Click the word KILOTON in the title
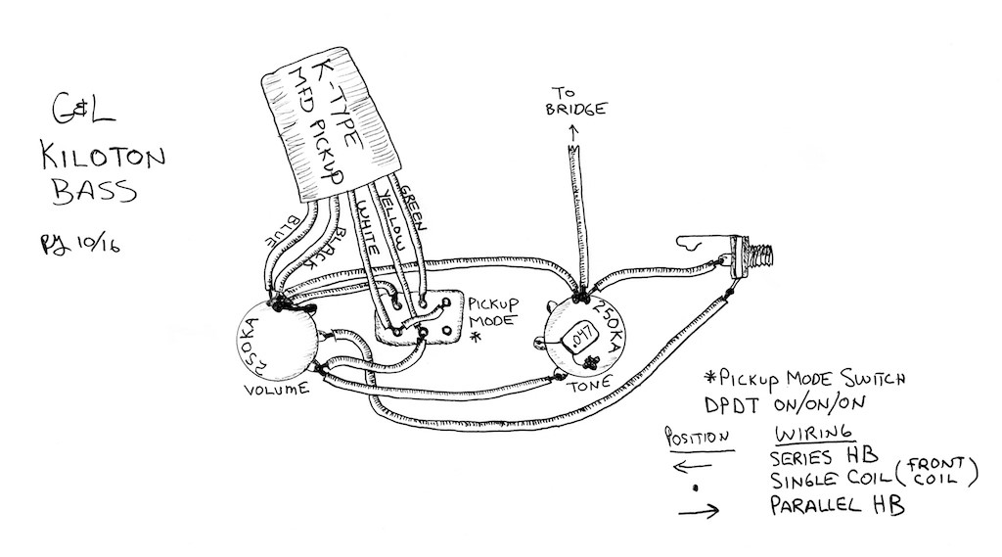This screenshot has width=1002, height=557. point(104,156)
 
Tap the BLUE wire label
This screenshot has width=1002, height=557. point(283,231)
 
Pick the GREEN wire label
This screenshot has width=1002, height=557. point(413,208)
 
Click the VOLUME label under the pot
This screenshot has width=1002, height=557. point(277,389)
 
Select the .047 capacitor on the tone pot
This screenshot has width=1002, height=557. point(581,337)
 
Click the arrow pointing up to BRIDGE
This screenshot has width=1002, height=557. point(573,132)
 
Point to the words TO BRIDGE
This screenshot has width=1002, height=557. point(575,103)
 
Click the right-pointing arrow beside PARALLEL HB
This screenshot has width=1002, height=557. point(699,510)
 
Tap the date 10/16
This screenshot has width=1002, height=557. point(98,245)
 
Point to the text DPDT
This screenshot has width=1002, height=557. point(734,405)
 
